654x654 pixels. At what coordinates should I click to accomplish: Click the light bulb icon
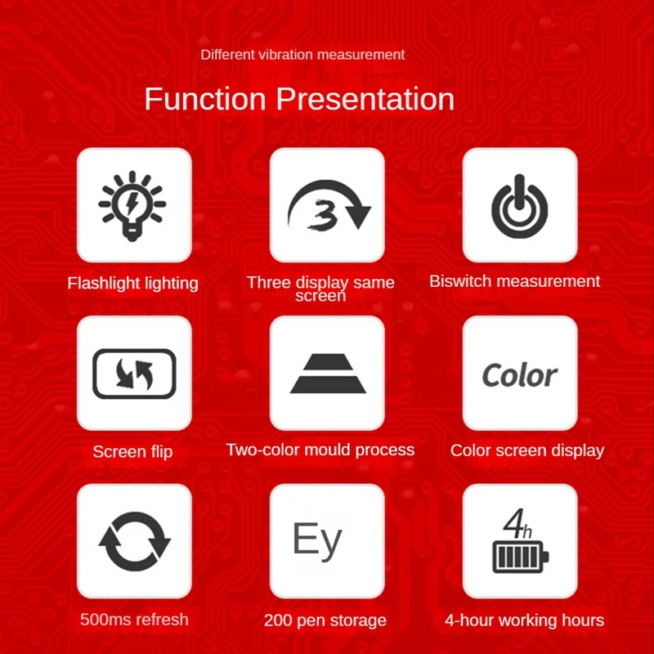click(x=132, y=205)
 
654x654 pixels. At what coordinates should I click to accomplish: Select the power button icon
click(x=519, y=207)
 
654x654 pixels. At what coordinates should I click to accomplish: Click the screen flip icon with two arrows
click(x=134, y=374)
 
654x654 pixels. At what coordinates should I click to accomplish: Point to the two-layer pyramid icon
click(x=328, y=374)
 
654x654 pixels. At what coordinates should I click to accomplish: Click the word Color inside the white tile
click(x=520, y=375)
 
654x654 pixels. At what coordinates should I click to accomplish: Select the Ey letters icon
click(x=317, y=540)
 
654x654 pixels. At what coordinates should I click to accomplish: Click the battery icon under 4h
click(x=521, y=557)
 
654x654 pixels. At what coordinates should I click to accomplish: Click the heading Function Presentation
click(x=299, y=99)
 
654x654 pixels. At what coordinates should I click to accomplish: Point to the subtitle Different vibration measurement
click(x=302, y=55)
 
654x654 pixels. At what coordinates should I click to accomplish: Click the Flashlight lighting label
click(x=132, y=283)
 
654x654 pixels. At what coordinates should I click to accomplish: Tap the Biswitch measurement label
click(x=515, y=281)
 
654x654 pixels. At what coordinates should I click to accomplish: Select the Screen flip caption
click(x=132, y=452)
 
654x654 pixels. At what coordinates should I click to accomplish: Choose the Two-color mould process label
click(x=320, y=450)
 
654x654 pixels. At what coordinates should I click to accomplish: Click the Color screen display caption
click(x=527, y=450)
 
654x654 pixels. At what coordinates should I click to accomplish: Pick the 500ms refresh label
click(x=134, y=620)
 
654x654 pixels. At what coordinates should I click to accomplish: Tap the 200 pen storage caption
click(x=325, y=620)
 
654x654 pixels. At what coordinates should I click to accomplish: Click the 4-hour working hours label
click(x=524, y=620)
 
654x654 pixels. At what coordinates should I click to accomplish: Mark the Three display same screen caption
click(x=320, y=289)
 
